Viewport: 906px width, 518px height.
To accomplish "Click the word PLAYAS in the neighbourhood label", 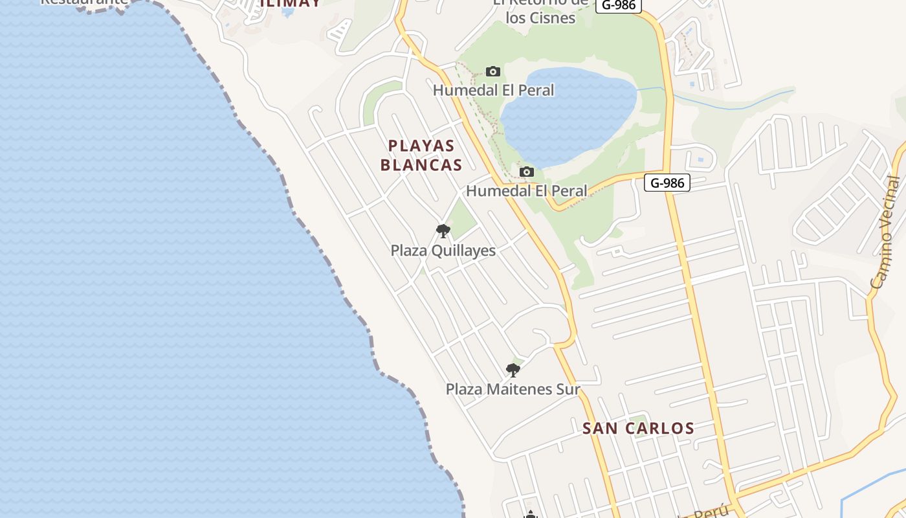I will (x=421, y=145).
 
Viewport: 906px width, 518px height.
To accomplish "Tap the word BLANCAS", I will (x=421, y=165).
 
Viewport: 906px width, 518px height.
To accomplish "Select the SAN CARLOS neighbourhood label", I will (x=638, y=428).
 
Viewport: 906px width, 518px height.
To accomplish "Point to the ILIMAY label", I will (x=290, y=3).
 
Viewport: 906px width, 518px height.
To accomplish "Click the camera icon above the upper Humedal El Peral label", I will (x=493, y=71).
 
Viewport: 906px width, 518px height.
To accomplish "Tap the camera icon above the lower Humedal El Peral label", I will (x=527, y=172).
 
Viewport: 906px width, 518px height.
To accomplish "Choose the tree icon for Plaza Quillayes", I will (x=443, y=231).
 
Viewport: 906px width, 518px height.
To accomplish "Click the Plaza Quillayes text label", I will (x=443, y=251).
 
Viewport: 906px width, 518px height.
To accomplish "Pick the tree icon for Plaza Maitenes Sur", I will (x=513, y=370).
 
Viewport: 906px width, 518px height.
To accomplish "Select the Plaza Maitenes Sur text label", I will (x=513, y=389).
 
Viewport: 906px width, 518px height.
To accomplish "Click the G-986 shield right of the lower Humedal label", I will (x=667, y=183).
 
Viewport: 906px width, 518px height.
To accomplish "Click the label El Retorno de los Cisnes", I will (x=540, y=10).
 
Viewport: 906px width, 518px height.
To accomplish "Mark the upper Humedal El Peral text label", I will (x=493, y=90).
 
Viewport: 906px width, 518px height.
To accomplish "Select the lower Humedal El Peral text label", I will (x=527, y=191).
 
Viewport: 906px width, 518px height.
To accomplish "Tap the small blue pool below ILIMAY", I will (x=288, y=12).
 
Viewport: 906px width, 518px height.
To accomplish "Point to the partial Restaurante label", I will (x=84, y=2).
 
